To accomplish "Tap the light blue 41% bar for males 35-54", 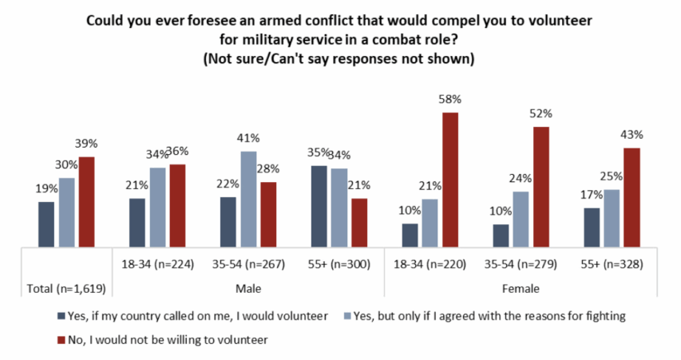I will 250,199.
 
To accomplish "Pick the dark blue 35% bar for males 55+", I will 319,206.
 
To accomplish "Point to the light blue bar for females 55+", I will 611,218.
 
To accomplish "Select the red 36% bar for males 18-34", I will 178,205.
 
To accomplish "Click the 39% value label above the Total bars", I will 86,144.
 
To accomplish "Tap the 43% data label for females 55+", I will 632,135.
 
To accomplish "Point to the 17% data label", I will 591,196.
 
